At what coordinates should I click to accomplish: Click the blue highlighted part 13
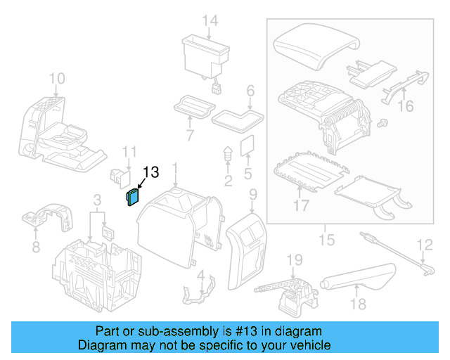132,199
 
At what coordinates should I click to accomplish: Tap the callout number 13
151,172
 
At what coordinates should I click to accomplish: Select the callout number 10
57,78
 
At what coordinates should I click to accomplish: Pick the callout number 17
301,207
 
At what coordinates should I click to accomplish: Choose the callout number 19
294,260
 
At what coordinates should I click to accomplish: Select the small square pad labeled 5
247,146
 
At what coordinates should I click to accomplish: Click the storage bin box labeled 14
205,54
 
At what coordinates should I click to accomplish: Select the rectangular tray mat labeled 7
193,107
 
